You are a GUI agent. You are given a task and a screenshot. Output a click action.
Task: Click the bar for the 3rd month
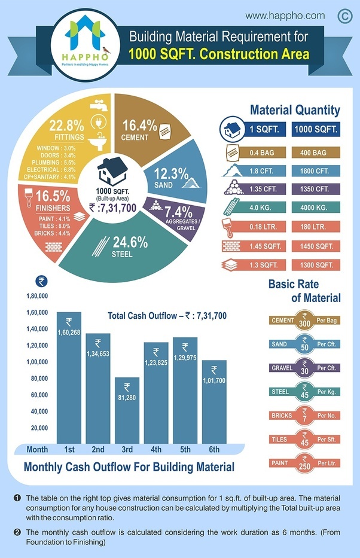[127, 413]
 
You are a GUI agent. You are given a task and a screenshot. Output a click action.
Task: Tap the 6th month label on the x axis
[214, 450]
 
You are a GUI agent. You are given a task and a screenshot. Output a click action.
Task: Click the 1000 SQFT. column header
[315, 129]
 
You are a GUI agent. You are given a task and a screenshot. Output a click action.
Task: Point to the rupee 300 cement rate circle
[304, 321]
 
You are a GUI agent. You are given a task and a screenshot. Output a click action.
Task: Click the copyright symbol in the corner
[345, 16]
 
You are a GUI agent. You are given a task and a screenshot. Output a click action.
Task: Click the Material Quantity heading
[295, 110]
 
